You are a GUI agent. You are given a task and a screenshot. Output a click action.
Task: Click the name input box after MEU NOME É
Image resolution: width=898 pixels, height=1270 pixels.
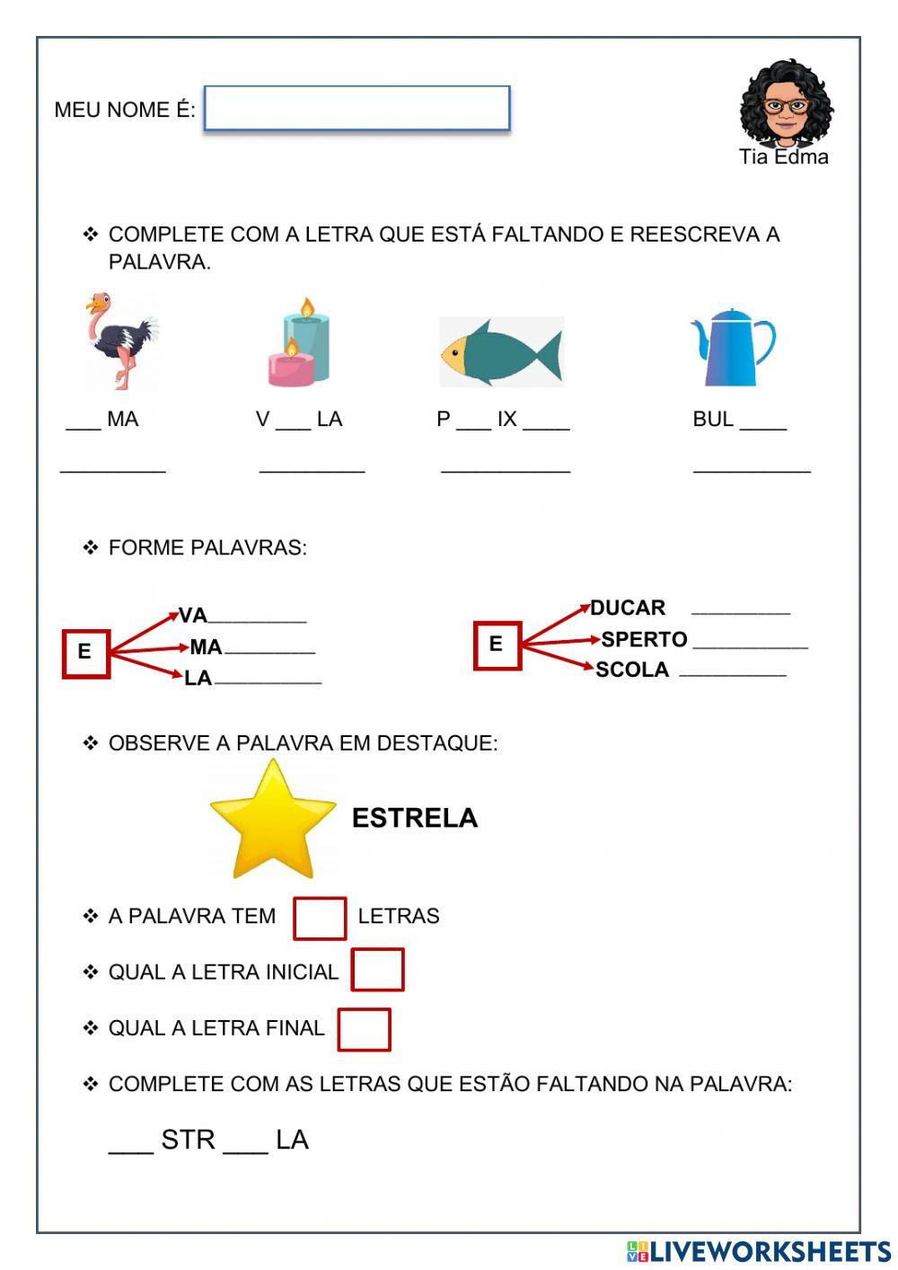(357, 109)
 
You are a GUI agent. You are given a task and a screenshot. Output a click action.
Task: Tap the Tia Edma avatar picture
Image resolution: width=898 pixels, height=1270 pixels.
(786, 103)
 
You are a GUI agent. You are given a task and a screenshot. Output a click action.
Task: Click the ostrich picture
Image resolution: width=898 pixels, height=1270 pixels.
(121, 341)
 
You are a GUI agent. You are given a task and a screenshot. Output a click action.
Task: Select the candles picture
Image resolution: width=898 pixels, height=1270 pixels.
(300, 344)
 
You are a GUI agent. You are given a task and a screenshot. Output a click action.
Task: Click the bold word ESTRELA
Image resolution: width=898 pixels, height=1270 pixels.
(414, 818)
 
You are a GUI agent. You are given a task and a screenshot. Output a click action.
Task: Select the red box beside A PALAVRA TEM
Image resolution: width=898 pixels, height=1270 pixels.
(320, 918)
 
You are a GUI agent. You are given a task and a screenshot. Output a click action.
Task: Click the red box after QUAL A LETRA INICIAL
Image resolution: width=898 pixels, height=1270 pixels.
(377, 970)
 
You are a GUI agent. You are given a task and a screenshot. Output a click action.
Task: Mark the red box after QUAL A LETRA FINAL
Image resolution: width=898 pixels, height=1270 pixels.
(364, 1029)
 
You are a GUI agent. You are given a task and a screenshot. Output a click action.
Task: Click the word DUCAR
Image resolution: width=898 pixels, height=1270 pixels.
(628, 608)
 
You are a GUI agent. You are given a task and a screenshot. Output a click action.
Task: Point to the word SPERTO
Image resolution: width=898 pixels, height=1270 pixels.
(644, 639)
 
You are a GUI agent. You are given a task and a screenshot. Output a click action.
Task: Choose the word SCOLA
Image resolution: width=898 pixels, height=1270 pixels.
(632, 670)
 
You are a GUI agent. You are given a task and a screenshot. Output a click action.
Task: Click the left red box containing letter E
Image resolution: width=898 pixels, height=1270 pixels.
(85, 653)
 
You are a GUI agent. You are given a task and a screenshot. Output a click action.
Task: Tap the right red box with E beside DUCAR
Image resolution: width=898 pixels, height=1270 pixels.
(497, 644)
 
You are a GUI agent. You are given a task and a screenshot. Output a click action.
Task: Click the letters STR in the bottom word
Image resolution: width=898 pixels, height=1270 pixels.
(188, 1140)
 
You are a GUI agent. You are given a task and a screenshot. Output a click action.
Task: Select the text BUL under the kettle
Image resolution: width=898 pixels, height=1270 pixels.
(713, 419)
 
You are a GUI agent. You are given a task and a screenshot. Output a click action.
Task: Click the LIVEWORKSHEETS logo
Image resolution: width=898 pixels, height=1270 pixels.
(759, 1251)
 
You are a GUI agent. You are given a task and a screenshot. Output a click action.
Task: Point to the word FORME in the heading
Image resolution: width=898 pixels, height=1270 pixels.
(139, 547)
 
